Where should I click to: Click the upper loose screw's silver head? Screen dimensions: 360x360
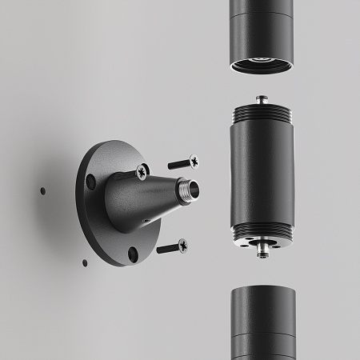coord(193,162)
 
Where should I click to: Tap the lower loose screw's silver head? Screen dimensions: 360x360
coord(183,246)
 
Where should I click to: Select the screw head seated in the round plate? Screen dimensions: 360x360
coord(142,171)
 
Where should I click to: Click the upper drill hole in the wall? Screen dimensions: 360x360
coord(42,191)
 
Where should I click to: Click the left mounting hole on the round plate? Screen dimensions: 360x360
coord(92,182)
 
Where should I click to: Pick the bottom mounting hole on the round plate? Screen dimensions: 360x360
coord(132,254)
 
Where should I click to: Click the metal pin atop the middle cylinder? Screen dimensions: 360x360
coord(261,99)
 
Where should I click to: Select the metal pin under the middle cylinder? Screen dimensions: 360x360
coord(262,250)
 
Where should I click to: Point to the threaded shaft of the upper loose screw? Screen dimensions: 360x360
coord(178,165)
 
